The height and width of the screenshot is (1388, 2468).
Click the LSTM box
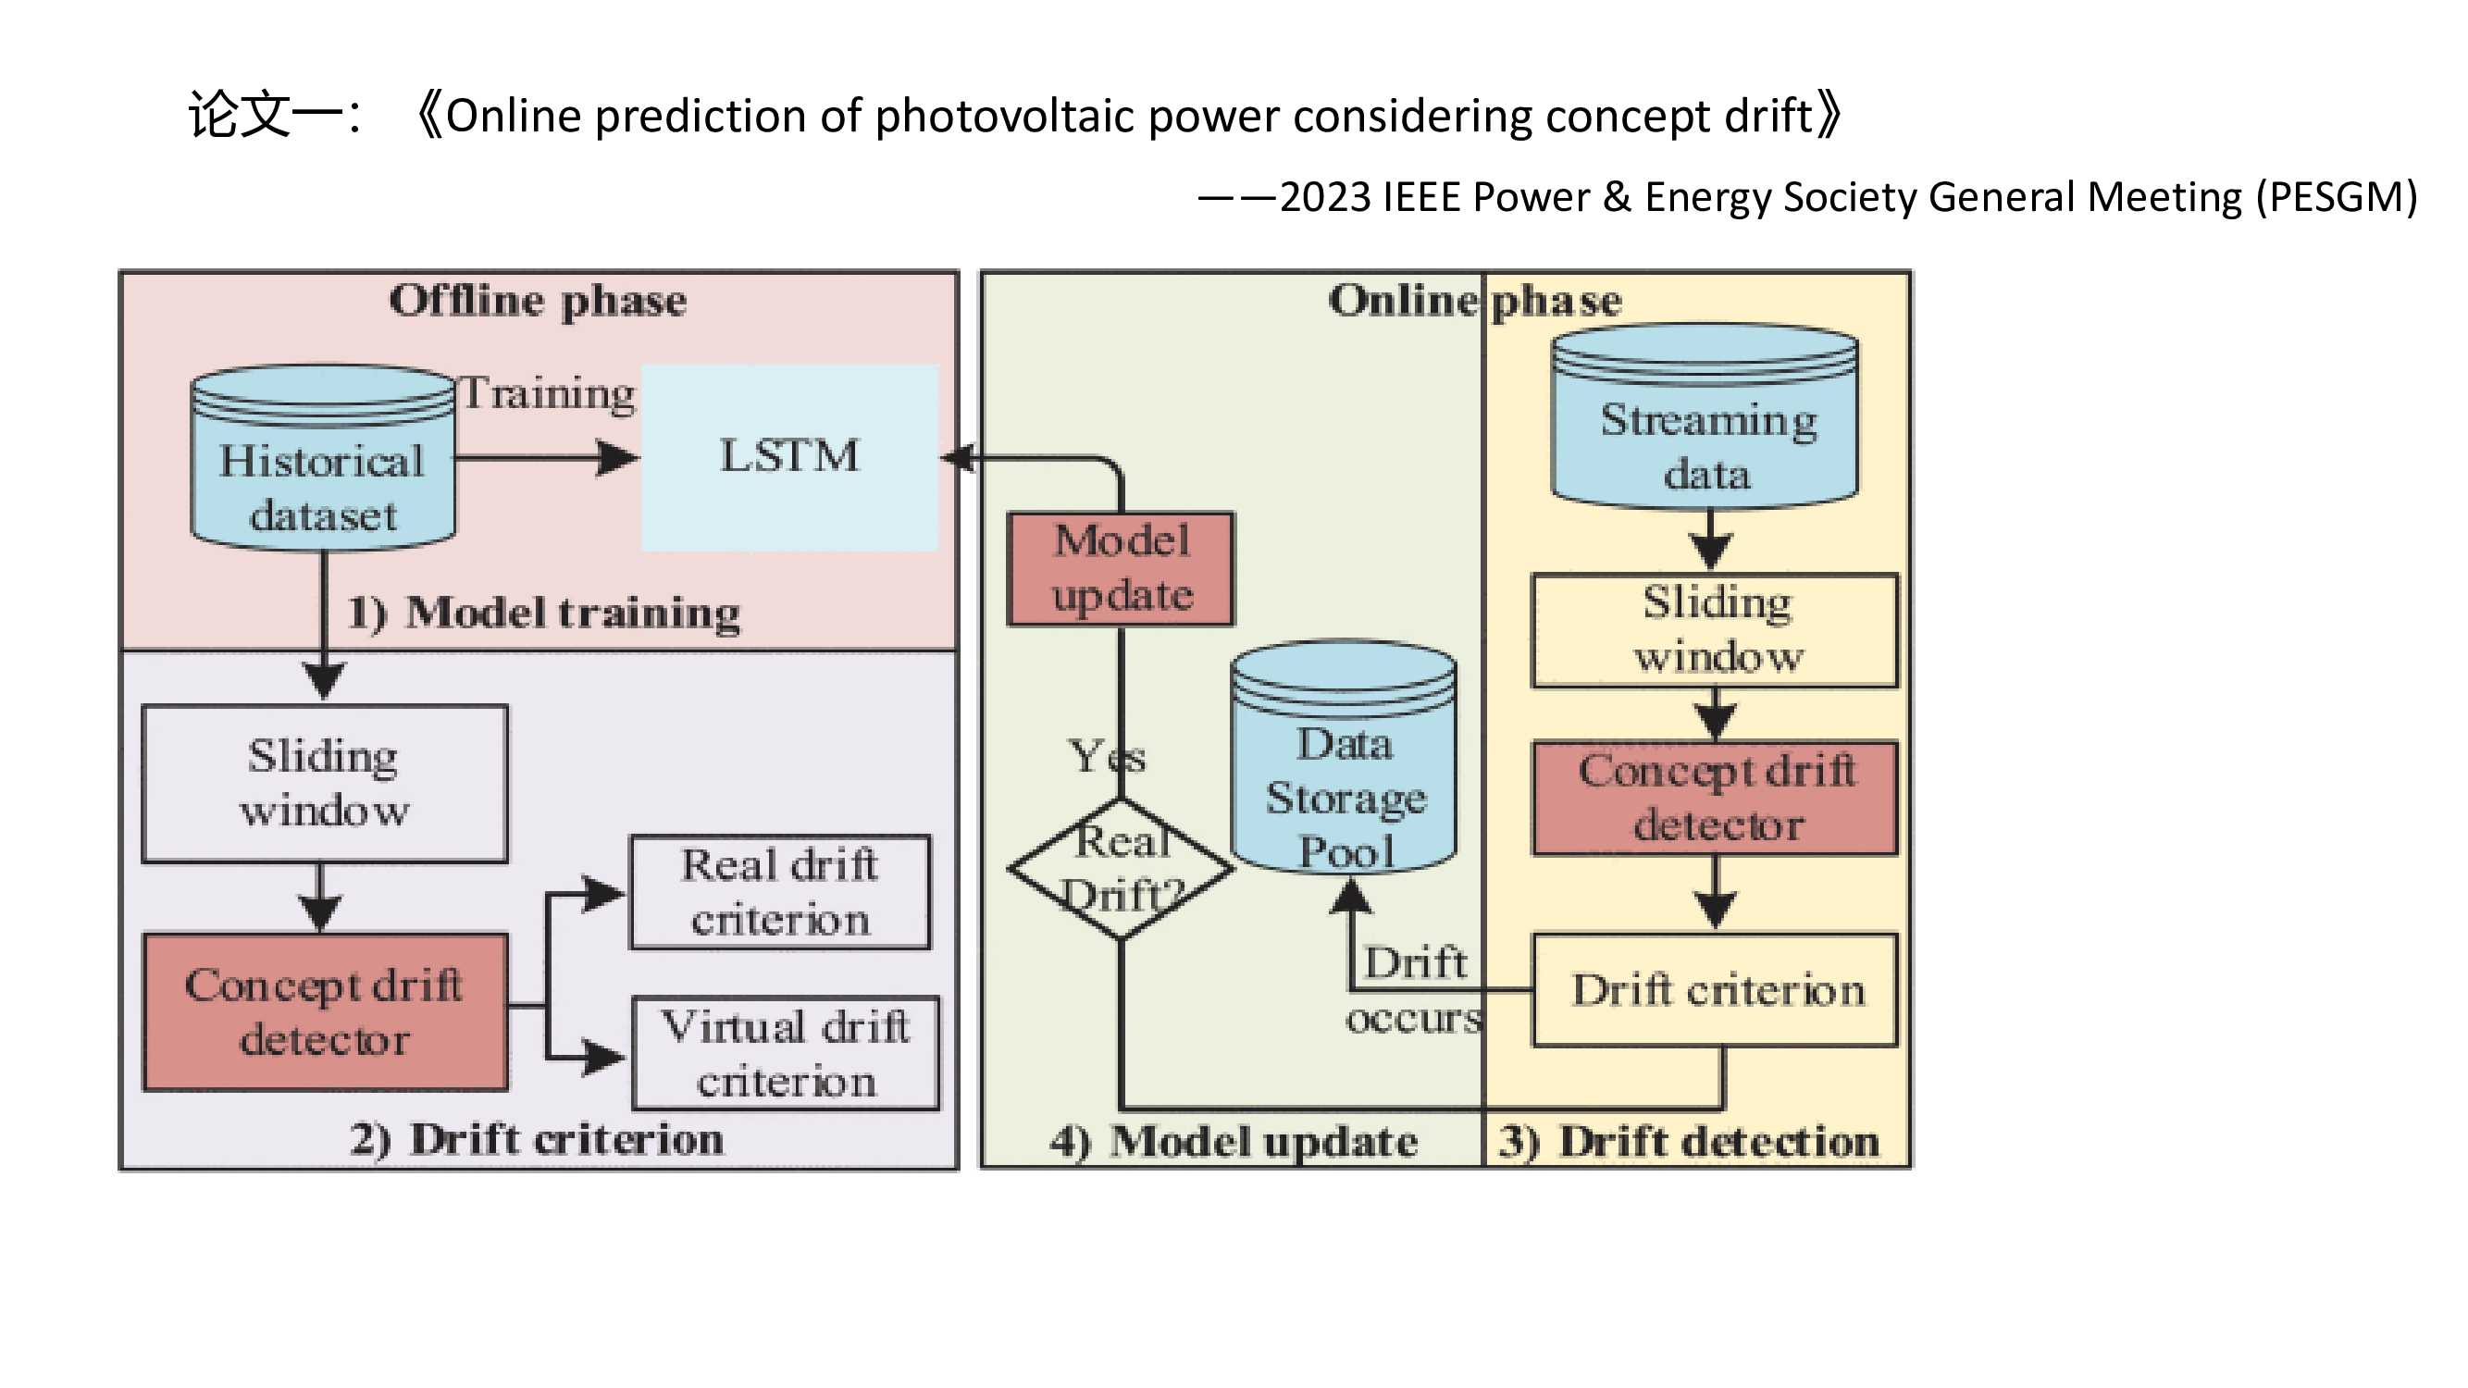click(x=789, y=457)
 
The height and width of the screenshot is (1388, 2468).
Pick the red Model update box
click(x=1121, y=569)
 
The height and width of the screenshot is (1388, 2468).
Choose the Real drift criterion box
click(x=780, y=893)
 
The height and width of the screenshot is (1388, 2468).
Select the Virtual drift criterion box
click(x=786, y=1054)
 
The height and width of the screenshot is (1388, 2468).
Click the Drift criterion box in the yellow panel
click(x=1716, y=990)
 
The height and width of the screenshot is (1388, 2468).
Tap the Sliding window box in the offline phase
click(x=325, y=784)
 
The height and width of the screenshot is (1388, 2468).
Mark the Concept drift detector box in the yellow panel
click(x=1716, y=798)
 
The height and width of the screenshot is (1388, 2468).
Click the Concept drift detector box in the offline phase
click(x=325, y=1012)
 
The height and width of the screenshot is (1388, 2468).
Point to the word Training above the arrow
click(x=548, y=393)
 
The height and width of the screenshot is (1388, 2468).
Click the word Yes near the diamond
click(x=1106, y=758)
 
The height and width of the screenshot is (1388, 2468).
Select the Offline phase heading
click(x=538, y=301)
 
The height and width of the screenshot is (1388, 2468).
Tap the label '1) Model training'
click(x=543, y=613)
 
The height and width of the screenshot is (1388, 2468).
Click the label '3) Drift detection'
click(x=1689, y=1142)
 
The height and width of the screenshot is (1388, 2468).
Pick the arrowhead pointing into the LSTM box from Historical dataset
click(x=618, y=458)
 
